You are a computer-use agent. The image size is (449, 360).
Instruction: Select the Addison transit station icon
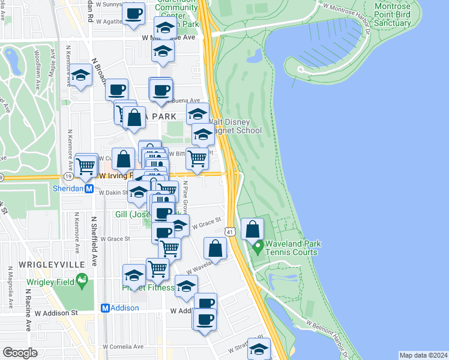[x=105, y=308]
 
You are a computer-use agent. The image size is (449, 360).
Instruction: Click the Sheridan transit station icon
[x=89, y=188]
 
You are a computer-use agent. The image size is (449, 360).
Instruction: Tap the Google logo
[x=20, y=353]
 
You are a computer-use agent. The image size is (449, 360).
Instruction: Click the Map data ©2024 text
[x=423, y=355]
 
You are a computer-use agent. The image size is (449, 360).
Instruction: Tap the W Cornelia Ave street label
[x=121, y=346]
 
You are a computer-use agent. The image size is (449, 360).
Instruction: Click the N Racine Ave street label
[x=28, y=310]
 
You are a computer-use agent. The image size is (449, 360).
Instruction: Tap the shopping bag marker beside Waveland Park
[x=253, y=229]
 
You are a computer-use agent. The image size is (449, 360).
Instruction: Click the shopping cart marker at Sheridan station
[x=86, y=164]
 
